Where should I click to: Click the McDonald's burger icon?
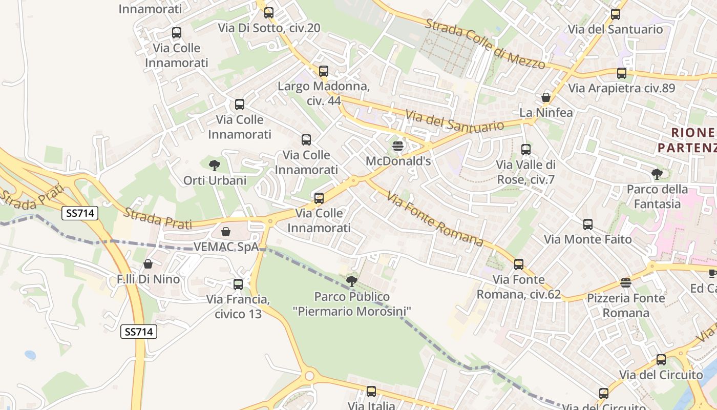(x=398, y=146)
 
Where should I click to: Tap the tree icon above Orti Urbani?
(x=215, y=165)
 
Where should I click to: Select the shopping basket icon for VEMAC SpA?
(x=226, y=232)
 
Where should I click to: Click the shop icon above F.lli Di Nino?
(x=148, y=264)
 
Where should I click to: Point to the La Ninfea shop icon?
(x=546, y=97)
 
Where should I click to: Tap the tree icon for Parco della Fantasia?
(x=657, y=174)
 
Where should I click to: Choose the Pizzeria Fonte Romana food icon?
(x=625, y=282)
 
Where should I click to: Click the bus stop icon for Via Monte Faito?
(x=588, y=224)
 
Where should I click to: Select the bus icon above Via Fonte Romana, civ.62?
(x=519, y=264)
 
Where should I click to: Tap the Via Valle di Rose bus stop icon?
(x=526, y=150)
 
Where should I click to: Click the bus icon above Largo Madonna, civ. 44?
(x=324, y=71)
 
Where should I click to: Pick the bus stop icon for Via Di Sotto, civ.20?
(x=269, y=13)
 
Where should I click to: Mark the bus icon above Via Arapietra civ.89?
(x=622, y=73)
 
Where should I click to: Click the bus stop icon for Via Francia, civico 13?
(x=238, y=284)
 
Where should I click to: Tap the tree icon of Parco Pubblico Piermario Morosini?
(x=352, y=281)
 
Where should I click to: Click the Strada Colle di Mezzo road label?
(x=484, y=44)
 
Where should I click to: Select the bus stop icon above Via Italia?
(x=371, y=392)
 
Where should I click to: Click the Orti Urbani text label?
(x=215, y=180)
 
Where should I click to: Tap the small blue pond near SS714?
(x=30, y=355)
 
